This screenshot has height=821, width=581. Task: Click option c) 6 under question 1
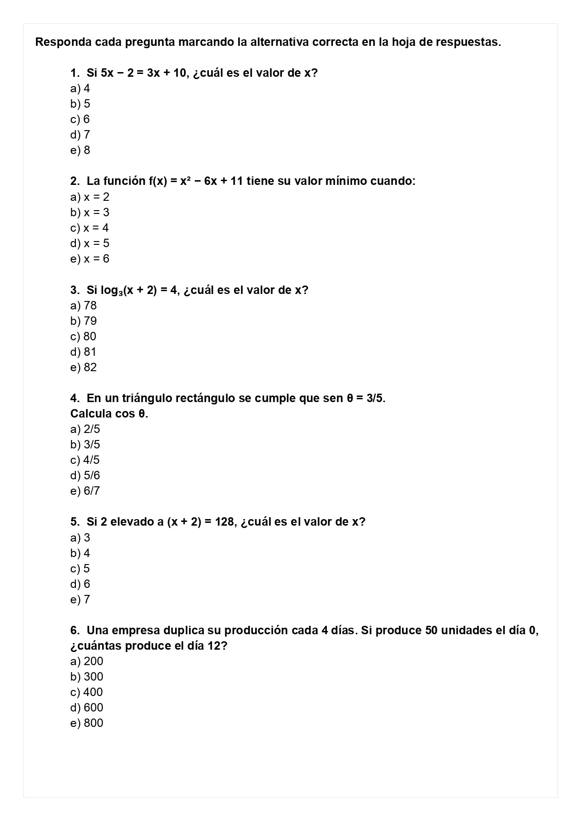(x=80, y=119)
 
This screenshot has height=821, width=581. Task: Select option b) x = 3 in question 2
(x=90, y=213)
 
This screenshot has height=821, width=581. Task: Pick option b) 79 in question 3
(x=84, y=321)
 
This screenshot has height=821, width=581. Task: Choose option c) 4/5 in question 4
(x=85, y=460)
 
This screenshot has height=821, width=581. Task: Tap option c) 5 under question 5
(x=80, y=569)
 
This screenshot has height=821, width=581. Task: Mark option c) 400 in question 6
(x=87, y=692)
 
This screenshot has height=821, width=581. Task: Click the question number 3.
(x=74, y=290)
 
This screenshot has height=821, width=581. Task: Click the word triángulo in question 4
(x=147, y=398)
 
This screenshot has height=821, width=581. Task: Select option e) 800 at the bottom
(x=87, y=723)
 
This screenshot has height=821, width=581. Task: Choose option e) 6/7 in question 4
(x=85, y=491)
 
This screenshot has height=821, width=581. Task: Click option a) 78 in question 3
(x=84, y=306)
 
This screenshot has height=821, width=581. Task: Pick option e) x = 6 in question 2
(x=90, y=259)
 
